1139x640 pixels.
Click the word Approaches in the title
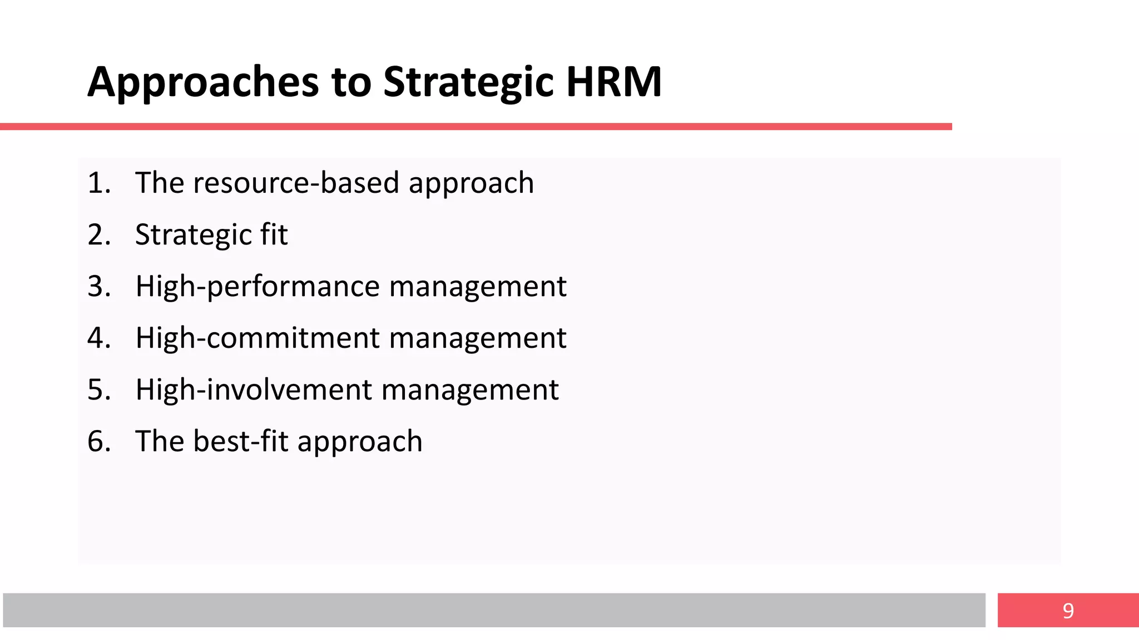coord(203,82)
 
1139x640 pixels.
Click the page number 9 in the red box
coord(1068,611)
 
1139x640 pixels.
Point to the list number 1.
coord(97,183)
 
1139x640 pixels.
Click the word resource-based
coord(296,183)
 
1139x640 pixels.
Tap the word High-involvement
coord(254,389)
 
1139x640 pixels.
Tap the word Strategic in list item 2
coord(192,234)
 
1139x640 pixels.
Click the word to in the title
coord(351,82)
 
